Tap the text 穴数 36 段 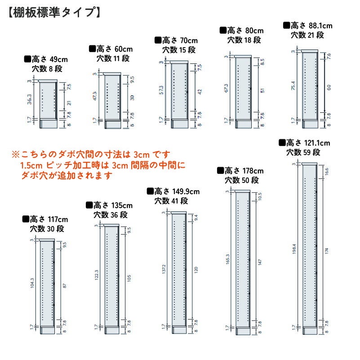111,215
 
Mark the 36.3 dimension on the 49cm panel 29,99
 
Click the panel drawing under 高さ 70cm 179,91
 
